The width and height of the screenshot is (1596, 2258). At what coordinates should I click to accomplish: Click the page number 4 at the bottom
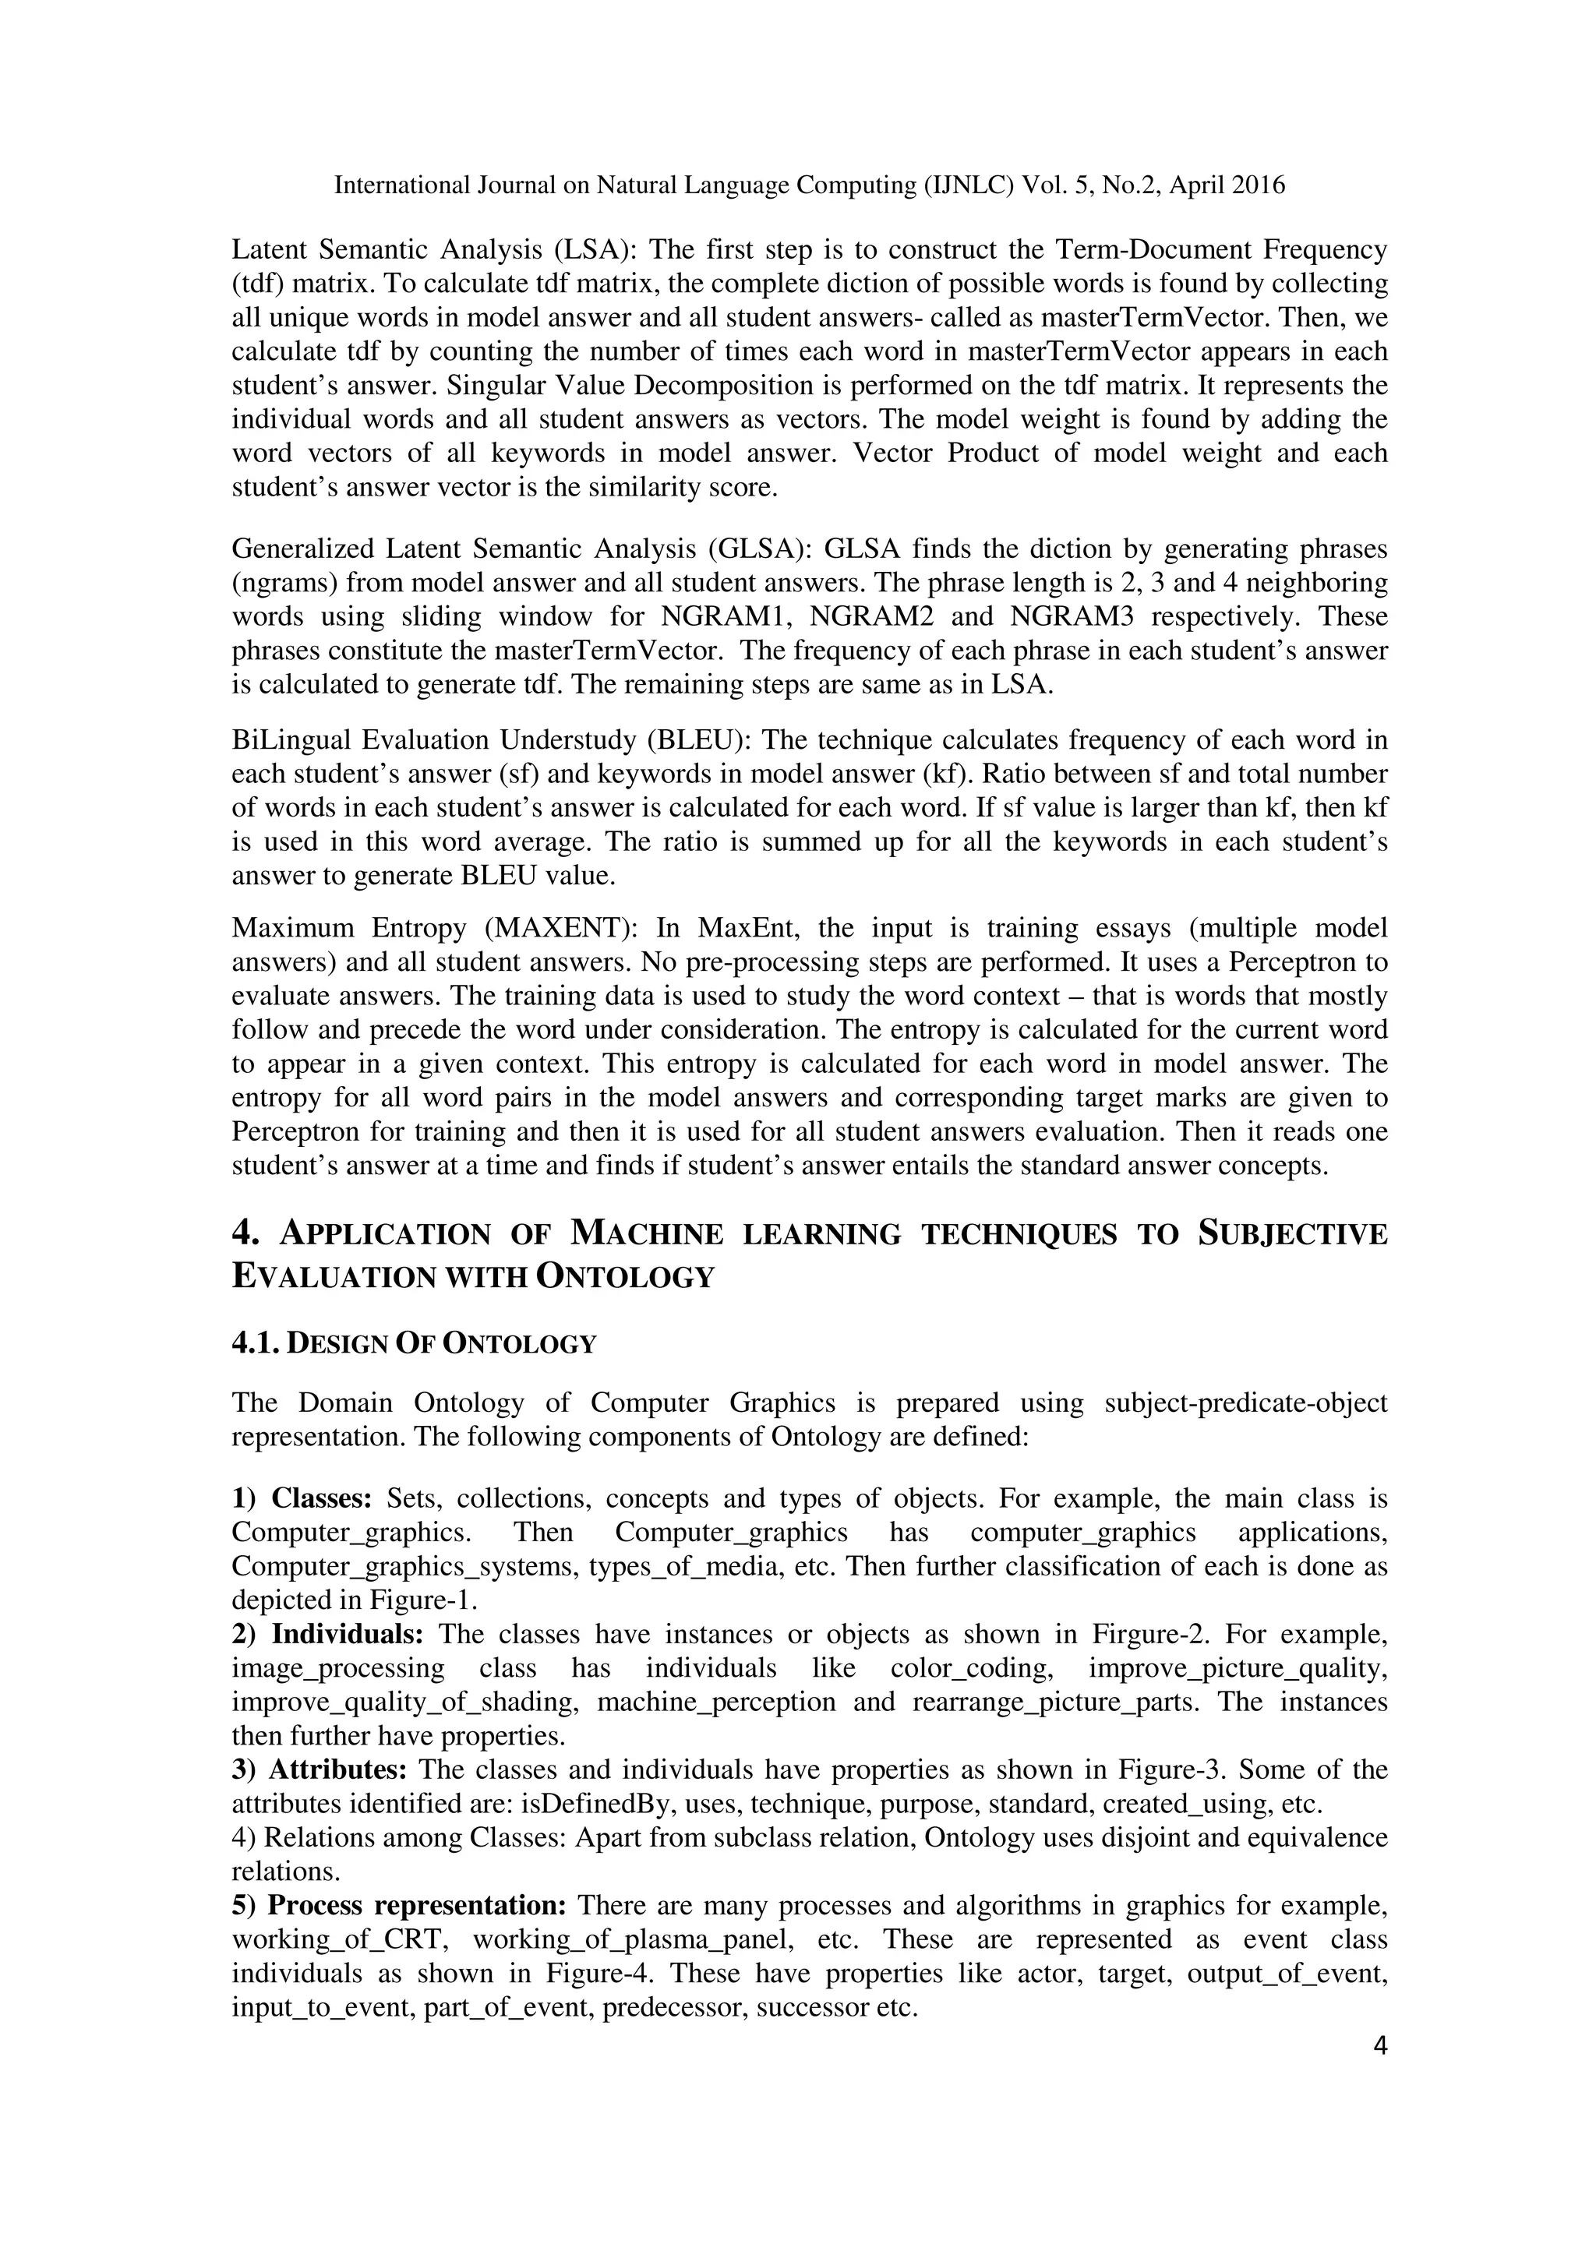[1379, 2047]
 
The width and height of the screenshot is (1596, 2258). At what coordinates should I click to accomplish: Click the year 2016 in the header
[1257, 185]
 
